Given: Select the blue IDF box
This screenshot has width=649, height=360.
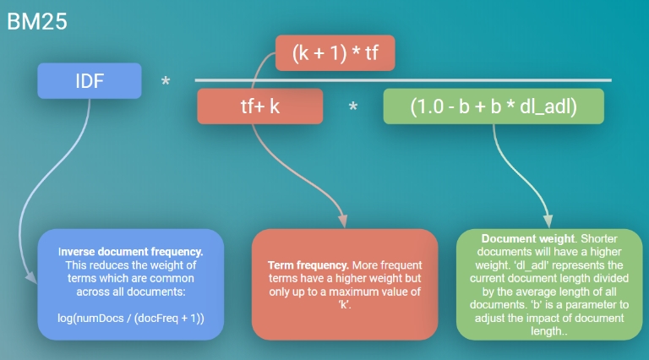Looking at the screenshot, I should point(88,80).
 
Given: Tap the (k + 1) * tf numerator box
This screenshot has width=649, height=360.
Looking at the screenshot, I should point(335,53).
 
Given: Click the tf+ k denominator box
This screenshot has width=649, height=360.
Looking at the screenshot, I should point(260,107).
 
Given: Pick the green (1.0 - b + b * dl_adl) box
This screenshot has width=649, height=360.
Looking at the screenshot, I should point(494,107).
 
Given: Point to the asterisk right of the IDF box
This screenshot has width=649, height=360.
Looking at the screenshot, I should point(166,83).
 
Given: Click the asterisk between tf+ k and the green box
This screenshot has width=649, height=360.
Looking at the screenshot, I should point(353,109).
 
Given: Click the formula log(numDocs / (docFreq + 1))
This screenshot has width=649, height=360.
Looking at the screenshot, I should point(130,318).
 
